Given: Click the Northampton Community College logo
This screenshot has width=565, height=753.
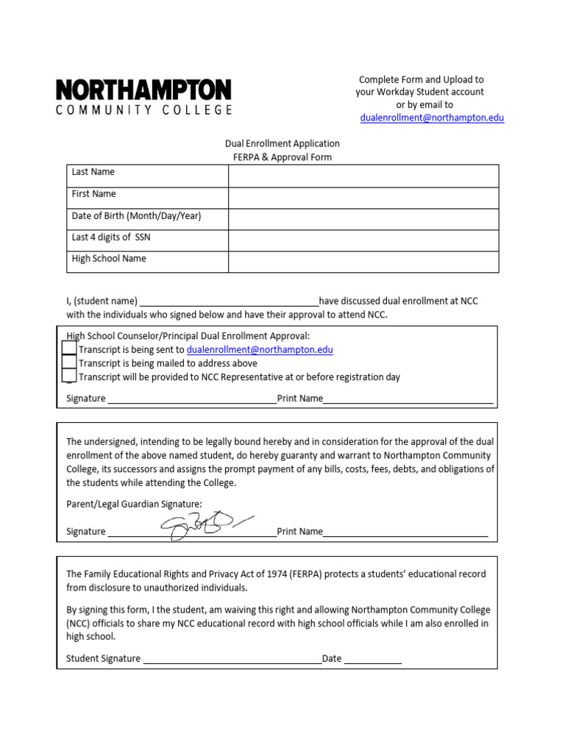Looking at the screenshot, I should pyautogui.click(x=144, y=97).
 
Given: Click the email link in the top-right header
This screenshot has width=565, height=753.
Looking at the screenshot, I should pyautogui.click(x=432, y=118).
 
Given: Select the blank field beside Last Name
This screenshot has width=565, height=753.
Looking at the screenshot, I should pyautogui.click(x=363, y=176).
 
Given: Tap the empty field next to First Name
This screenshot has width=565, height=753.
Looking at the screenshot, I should pyautogui.click(x=363, y=198).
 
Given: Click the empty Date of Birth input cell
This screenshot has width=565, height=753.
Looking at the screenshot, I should pyautogui.click(x=363, y=219).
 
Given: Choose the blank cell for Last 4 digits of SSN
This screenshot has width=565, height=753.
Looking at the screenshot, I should pyautogui.click(x=363, y=240).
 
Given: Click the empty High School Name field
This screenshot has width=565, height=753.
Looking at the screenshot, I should pyautogui.click(x=363, y=262).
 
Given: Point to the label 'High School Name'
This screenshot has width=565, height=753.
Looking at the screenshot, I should pyautogui.click(x=109, y=259).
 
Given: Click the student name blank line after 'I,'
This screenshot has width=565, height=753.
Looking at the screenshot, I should pyautogui.click(x=229, y=301).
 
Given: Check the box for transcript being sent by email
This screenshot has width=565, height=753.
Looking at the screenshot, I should pyautogui.click(x=69, y=349).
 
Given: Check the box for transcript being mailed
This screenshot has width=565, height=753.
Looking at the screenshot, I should pyautogui.click(x=69, y=363).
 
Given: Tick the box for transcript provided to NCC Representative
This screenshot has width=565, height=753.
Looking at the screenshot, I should pyautogui.click(x=69, y=376).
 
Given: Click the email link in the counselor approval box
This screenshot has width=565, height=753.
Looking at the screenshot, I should pyautogui.click(x=260, y=350).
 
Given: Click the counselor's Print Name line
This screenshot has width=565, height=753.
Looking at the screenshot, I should pyautogui.click(x=408, y=399).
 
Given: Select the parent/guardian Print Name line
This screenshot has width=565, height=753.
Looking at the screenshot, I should pyautogui.click(x=405, y=532).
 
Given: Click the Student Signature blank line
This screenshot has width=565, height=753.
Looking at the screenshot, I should pyautogui.click(x=232, y=660).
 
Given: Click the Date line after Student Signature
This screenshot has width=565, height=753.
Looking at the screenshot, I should pyautogui.click(x=372, y=660).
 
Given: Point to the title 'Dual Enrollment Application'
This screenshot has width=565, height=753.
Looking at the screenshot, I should pyautogui.click(x=282, y=144).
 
